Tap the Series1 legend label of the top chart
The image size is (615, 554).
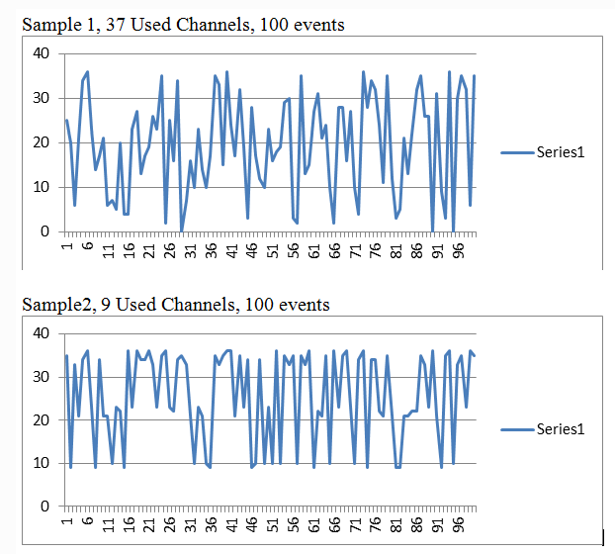562,152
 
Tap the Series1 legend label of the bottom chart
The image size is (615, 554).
562,428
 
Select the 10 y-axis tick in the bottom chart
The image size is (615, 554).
44,463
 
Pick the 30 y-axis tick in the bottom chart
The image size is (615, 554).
44,377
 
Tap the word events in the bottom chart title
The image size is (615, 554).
305,304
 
